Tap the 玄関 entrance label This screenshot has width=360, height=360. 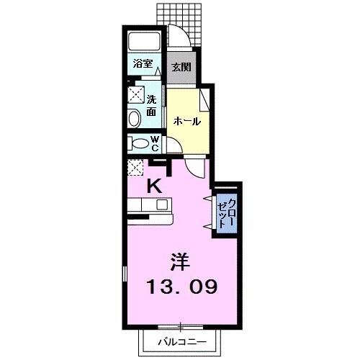[x=181, y=67]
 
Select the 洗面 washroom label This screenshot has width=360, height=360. [x=152, y=106]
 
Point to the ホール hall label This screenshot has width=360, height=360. [x=186, y=122]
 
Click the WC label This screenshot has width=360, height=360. [x=154, y=143]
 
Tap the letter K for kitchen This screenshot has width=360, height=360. [x=154, y=186]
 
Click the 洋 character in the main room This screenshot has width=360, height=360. [x=181, y=259]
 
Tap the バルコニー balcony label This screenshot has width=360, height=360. [x=183, y=341]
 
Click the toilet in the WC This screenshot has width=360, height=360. [x=138, y=143]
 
